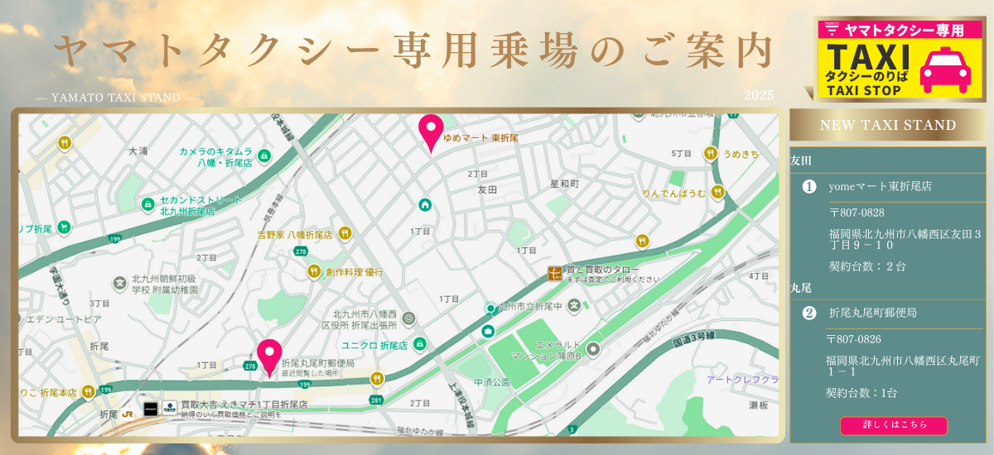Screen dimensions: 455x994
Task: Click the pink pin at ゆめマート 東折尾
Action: (431, 131)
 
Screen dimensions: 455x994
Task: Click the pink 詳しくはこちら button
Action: (894, 425)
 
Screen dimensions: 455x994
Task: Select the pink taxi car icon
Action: (946, 70)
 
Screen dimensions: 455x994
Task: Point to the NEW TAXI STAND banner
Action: (887, 125)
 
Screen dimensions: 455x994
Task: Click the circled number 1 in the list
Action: (809, 187)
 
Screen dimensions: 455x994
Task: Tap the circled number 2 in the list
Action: (809, 313)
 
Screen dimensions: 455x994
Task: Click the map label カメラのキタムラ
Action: (216, 151)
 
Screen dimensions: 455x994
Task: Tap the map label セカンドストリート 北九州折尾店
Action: (201, 205)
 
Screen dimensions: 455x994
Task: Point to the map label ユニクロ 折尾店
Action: (374, 344)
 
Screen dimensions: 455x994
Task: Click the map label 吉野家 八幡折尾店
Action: (295, 235)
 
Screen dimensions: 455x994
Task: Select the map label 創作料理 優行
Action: (355, 271)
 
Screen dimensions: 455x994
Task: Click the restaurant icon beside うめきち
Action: (710, 154)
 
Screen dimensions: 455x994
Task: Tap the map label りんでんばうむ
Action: (674, 194)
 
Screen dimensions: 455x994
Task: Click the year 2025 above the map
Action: (759, 96)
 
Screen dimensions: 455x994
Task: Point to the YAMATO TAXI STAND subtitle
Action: (116, 98)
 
